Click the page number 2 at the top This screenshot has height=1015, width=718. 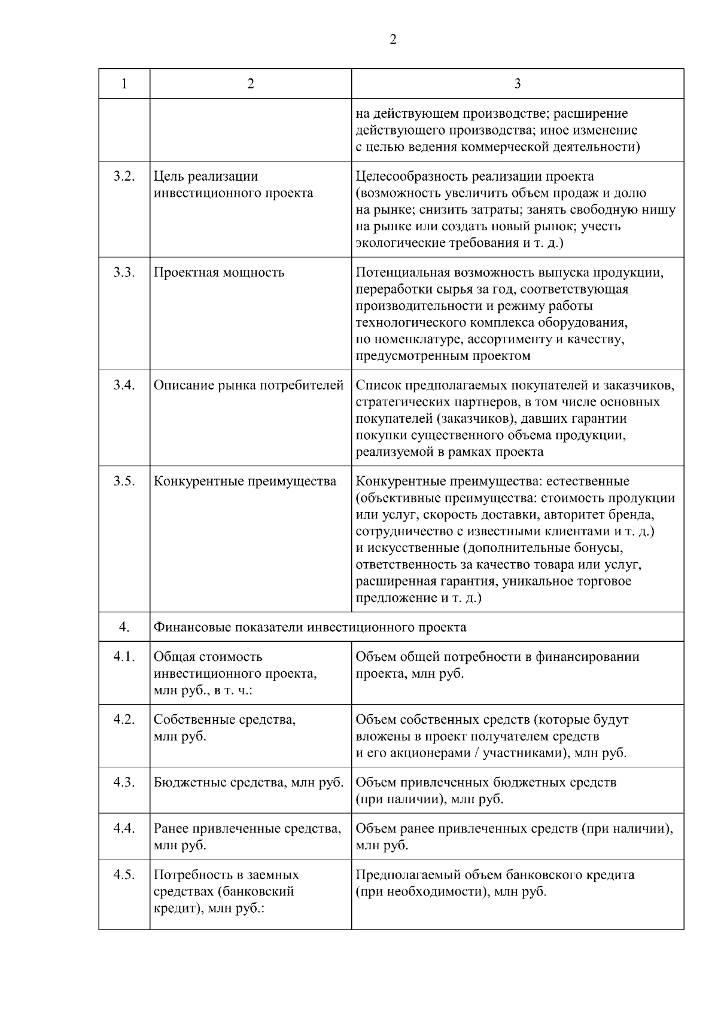coord(393,40)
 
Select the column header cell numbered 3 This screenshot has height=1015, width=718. coord(518,84)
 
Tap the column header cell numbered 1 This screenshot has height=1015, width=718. coord(124,84)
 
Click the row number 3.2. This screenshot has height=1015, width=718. coord(124,176)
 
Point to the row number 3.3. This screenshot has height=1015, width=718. coord(124,273)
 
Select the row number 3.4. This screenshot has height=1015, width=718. coord(124,385)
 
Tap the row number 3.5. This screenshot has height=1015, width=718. coord(124,481)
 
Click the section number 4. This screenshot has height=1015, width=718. coord(124,627)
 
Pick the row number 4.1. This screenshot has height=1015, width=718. coord(124,657)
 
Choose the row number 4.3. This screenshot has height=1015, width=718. coord(124,782)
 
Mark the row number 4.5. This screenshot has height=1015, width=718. coord(124,875)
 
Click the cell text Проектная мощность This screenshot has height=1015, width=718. coord(219,273)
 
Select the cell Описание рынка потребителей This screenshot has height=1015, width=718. coord(248,385)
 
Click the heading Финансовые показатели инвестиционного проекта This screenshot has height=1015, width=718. coord(310,627)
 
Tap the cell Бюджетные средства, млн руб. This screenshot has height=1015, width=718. coord(248,782)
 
